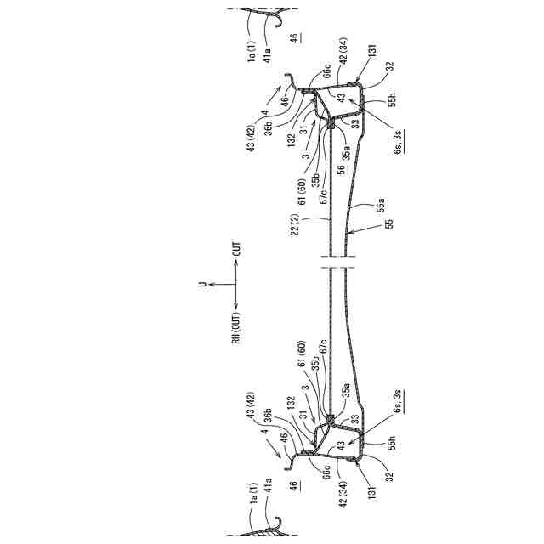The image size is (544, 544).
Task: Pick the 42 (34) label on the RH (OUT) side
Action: click(338, 496)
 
